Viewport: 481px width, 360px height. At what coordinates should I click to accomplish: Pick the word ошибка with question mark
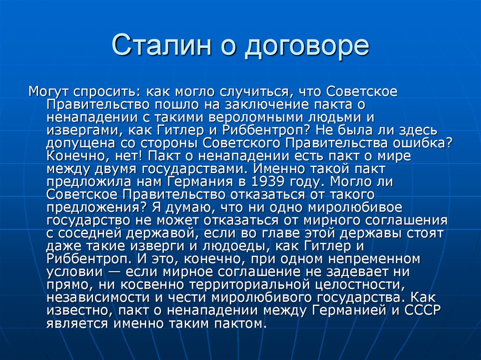[x=428, y=142]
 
